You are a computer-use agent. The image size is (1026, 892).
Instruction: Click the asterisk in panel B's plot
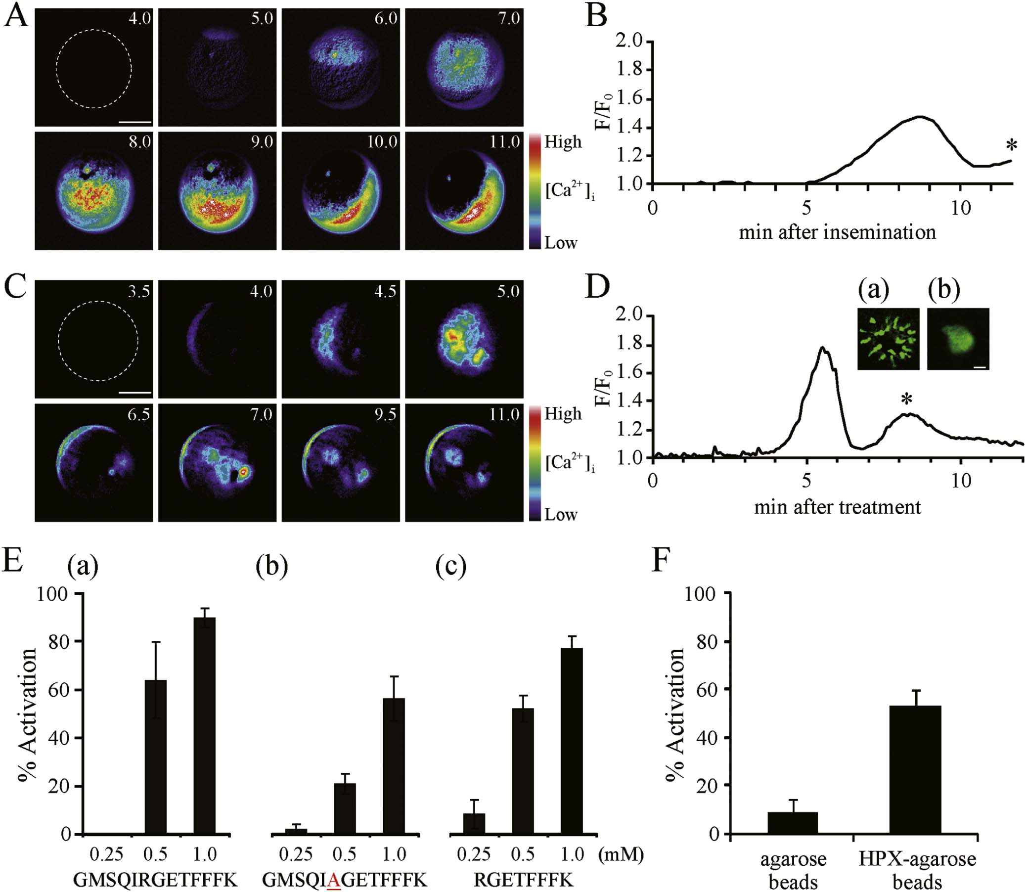1011,146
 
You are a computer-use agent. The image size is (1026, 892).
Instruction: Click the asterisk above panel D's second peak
907,399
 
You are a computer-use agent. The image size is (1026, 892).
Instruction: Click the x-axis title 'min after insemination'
837,232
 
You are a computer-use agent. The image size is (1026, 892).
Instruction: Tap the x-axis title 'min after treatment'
837,507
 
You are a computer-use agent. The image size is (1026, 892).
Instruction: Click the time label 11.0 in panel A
504,142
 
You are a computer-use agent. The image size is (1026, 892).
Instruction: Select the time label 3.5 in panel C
138,291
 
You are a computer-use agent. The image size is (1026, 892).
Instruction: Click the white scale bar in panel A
135,121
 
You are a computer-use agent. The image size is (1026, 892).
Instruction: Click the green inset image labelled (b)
958,339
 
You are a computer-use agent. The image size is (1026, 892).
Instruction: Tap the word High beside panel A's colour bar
563,142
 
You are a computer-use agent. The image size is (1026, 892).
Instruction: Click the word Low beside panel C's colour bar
561,514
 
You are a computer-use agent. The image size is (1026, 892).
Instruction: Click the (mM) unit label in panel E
621,854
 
